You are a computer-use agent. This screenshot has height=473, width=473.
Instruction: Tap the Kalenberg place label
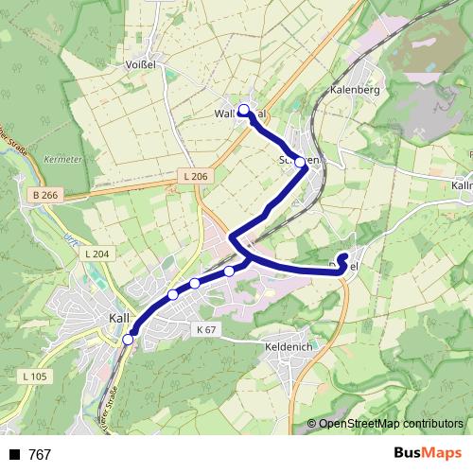click(x=355, y=90)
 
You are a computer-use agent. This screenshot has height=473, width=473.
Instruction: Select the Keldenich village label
click(x=289, y=346)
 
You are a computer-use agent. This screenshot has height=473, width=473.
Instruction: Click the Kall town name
click(x=119, y=318)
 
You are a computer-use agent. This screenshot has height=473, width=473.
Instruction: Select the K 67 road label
click(x=207, y=329)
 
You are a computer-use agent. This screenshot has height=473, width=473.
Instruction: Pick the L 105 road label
click(x=33, y=377)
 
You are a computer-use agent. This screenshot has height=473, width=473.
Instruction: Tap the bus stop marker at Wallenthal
click(x=244, y=111)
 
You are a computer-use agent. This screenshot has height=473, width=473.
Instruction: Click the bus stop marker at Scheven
click(x=301, y=162)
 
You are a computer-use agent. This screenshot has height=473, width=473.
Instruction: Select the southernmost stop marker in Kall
click(x=128, y=339)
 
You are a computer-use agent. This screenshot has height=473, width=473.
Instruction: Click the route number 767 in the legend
click(x=40, y=455)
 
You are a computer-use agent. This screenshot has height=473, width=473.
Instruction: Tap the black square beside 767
click(x=14, y=455)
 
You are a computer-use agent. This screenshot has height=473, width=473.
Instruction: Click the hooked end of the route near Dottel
click(x=344, y=256)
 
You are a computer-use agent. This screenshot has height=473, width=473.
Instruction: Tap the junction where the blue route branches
click(x=247, y=256)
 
